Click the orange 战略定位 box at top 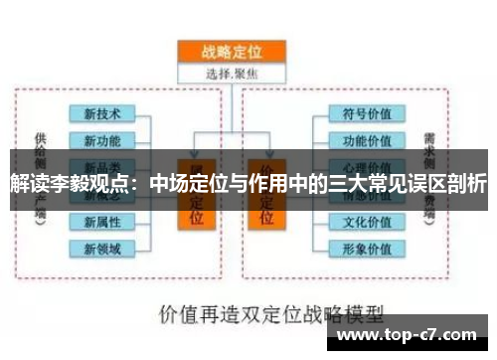231,52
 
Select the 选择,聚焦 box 231,73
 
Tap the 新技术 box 103,114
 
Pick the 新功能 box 103,140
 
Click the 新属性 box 103,221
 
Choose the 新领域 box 103,248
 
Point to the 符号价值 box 367,114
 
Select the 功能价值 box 367,140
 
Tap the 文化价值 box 367,221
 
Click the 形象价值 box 367,248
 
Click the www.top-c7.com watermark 412,332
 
